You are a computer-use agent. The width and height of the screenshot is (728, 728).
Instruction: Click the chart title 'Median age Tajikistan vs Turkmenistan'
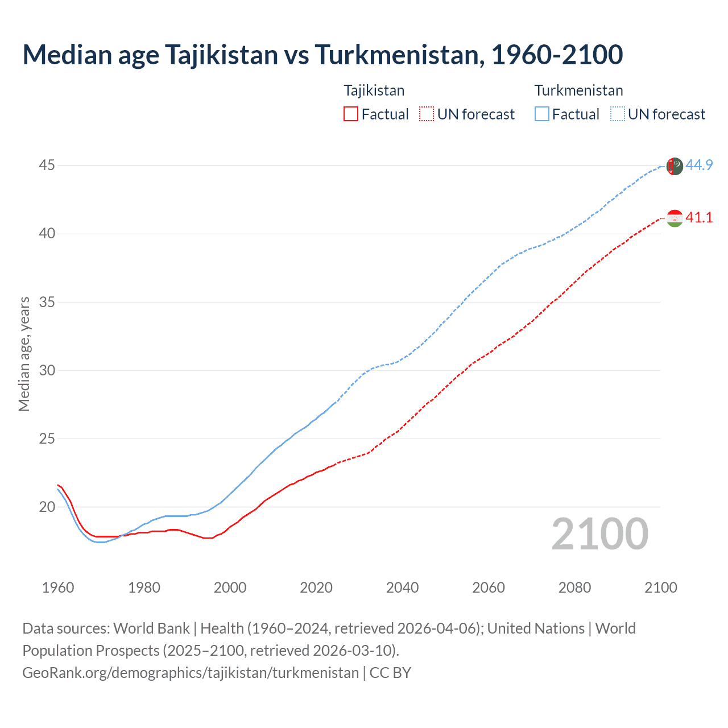click(322, 55)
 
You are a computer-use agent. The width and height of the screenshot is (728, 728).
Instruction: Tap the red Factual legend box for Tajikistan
click(351, 114)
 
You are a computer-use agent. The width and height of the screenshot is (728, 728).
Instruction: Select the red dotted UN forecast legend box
click(427, 114)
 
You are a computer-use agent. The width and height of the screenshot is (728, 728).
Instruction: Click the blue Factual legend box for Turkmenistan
click(542, 114)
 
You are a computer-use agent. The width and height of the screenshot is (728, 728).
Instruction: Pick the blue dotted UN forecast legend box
click(618, 114)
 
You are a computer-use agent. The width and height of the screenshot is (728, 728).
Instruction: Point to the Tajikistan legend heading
click(374, 90)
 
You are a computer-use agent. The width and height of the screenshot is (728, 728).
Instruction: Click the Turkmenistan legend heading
click(578, 90)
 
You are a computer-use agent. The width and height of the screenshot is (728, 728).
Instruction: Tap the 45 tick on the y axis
click(47, 166)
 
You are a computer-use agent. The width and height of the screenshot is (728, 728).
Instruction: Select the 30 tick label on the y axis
click(47, 370)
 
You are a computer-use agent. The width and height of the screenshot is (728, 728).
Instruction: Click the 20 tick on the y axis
click(47, 507)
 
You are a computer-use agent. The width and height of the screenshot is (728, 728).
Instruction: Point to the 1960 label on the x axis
click(58, 588)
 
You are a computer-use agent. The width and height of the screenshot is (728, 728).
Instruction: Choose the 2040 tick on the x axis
click(402, 588)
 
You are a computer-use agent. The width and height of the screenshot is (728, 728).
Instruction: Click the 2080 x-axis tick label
click(574, 588)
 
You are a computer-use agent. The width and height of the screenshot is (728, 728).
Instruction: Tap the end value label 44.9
click(699, 166)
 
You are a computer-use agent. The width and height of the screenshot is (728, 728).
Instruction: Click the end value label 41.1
click(699, 218)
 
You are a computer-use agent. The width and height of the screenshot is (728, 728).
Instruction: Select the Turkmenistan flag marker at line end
click(675, 166)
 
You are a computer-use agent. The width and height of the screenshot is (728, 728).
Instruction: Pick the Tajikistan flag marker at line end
click(675, 218)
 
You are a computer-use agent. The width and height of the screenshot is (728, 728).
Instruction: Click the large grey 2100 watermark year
click(599, 534)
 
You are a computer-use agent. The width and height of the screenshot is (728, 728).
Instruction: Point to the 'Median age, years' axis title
click(24, 354)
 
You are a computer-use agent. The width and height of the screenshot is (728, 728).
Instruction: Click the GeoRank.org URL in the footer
click(191, 673)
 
